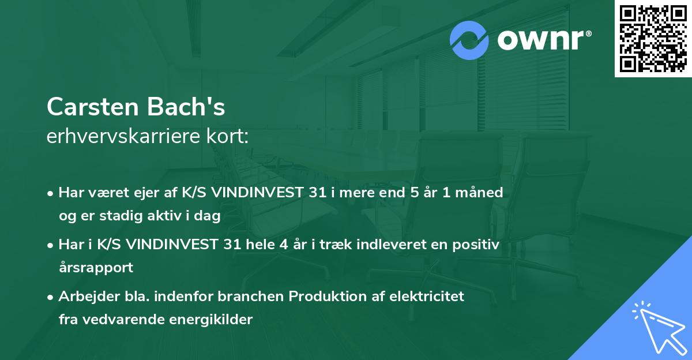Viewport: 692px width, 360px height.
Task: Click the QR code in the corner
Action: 653,39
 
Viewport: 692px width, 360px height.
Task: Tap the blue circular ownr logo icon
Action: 469,40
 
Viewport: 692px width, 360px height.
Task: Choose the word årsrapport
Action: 96,268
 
